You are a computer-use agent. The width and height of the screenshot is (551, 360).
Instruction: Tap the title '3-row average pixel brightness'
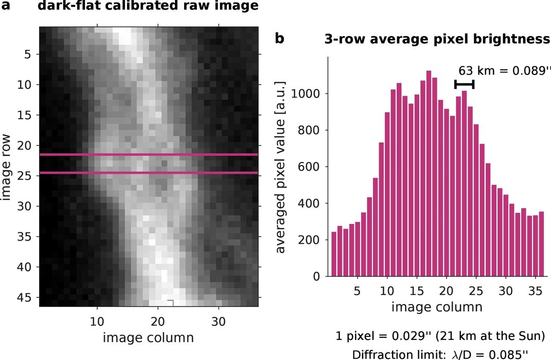437,40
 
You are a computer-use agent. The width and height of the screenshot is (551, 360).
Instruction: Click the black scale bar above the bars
465,84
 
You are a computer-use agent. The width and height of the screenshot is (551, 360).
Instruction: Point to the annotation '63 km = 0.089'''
501,70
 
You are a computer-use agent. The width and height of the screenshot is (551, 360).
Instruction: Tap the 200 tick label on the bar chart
310,240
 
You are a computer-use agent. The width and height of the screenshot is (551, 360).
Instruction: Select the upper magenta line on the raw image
149,155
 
